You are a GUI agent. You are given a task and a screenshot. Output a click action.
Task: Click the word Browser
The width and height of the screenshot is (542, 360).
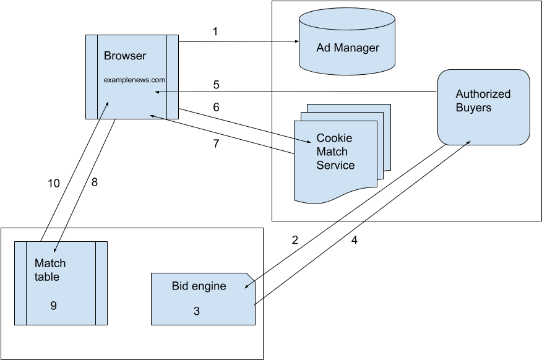click(125, 56)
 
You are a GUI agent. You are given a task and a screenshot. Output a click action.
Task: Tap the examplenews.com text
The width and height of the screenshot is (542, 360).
click(134, 80)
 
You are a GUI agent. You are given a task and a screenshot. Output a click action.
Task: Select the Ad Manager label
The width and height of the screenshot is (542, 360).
click(348, 48)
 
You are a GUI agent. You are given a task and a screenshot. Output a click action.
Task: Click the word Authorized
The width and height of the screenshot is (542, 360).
click(483, 94)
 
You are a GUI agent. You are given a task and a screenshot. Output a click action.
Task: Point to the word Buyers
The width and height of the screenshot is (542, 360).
click(473, 108)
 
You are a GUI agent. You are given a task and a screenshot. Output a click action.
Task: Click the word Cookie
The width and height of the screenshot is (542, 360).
click(334, 138)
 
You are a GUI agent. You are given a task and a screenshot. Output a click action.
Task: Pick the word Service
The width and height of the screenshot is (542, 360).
click(335, 165)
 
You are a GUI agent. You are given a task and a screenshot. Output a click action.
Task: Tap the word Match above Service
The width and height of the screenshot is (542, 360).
click(332, 152)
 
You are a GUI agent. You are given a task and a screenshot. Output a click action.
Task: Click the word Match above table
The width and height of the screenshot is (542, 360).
click(50, 263)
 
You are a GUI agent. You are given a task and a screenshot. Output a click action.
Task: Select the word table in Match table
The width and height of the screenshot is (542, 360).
click(47, 276)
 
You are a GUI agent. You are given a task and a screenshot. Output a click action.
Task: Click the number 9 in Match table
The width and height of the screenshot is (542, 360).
click(54, 306)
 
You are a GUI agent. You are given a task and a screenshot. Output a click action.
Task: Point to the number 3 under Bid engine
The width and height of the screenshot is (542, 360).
click(197, 311)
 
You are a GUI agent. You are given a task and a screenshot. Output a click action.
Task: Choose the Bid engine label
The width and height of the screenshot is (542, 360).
click(199, 286)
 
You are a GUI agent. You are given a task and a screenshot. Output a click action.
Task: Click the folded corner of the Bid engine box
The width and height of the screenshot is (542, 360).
click(251, 277)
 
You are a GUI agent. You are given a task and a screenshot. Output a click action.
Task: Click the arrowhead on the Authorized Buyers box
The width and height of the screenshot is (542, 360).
click(468, 142)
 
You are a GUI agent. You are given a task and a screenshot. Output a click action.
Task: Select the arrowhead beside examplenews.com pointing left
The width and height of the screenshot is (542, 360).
click(157, 92)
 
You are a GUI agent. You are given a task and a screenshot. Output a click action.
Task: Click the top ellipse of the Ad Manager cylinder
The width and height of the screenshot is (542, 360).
click(347, 19)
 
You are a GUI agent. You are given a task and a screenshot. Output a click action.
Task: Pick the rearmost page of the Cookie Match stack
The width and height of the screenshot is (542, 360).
click(386, 110)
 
